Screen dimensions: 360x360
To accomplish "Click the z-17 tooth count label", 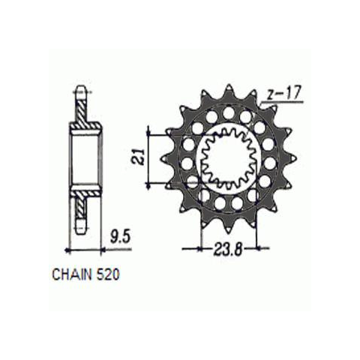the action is point(283,93).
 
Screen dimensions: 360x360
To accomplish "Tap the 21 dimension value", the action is point(138,157).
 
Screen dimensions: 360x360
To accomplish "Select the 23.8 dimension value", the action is point(228,249).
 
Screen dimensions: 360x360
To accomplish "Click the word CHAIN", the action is point(72,274).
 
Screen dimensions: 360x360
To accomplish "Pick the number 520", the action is point(108,274).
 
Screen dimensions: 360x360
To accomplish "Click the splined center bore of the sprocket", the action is point(229,158).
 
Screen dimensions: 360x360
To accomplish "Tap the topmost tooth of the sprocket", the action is point(229,91).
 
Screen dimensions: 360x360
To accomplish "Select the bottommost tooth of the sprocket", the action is point(228,226).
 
